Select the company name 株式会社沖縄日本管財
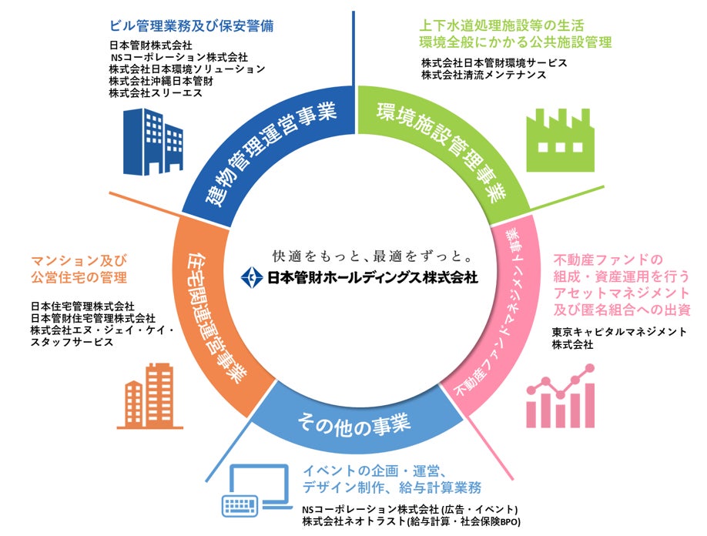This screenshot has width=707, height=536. pos(161,80)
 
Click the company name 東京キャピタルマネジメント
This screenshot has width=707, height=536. pos(619,332)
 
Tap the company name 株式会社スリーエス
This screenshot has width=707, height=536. pos(155,92)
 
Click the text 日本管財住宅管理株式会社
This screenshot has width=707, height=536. pos(92,318)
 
